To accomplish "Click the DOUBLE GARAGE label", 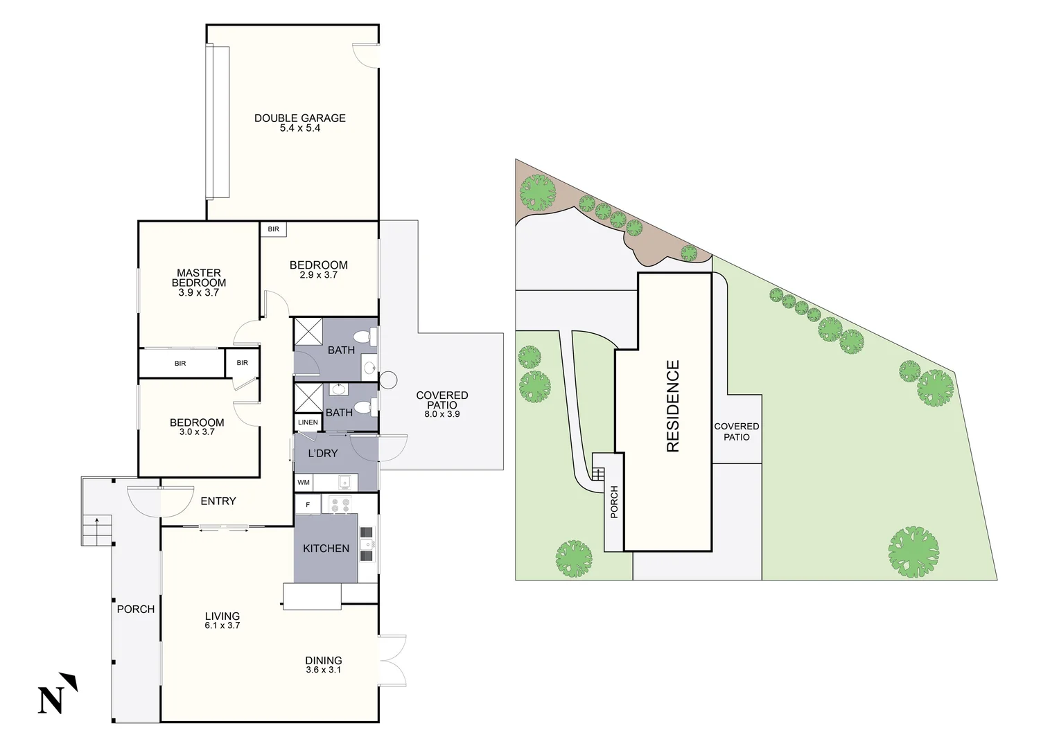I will (x=299, y=118).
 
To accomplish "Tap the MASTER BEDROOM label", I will (x=199, y=278).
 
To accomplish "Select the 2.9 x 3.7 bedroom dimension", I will (x=318, y=275).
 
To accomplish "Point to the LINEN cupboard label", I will (x=308, y=422).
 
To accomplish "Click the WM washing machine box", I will (x=304, y=482).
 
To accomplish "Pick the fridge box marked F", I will (x=308, y=505).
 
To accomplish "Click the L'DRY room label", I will (x=323, y=453).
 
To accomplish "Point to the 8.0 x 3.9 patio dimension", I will (x=442, y=414).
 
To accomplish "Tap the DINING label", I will (x=324, y=661).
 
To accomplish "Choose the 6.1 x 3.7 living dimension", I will (x=222, y=625).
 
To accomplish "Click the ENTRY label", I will (x=218, y=501).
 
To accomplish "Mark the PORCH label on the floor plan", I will (x=136, y=609).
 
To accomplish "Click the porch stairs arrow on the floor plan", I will (x=97, y=519).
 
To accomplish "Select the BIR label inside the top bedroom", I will (x=273, y=229).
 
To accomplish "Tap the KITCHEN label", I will (x=326, y=548).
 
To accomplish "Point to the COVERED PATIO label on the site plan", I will (x=737, y=431).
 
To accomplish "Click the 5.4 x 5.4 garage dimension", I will (x=299, y=128).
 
